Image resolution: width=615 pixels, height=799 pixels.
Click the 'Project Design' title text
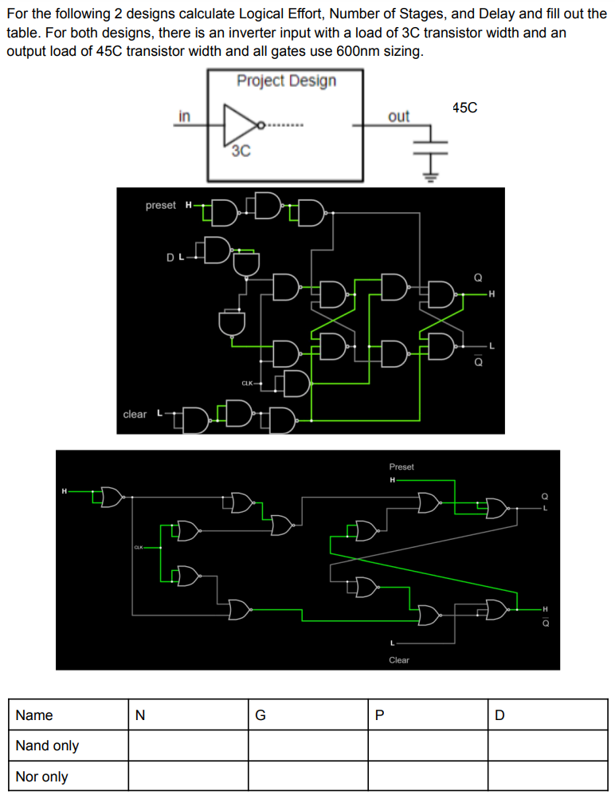pos(286,81)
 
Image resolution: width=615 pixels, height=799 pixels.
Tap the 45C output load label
pos(464,108)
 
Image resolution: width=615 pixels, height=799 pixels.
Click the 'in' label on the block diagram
pos(184,116)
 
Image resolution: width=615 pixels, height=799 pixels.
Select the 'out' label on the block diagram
pos(398,116)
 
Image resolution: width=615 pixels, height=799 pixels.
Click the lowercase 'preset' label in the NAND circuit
pos(161,205)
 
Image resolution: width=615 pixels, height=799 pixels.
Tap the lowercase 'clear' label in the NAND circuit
pos(135,414)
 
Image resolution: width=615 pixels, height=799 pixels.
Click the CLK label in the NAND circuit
pos(247,384)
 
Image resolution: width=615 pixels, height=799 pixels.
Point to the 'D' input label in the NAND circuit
pos(170,257)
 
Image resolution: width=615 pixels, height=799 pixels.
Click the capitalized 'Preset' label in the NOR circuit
pos(402,466)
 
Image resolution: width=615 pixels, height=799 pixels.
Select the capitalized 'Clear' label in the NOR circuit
pos(399,659)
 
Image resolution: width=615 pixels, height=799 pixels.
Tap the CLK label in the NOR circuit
pos(139,548)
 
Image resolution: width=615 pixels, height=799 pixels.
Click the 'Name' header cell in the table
pos(34,715)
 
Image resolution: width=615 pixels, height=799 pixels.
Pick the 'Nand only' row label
pos(48,746)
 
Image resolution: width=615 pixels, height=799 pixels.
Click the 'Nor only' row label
pos(42,776)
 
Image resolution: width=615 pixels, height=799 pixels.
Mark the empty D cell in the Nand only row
pos(547,746)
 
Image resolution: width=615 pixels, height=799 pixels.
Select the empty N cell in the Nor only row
pos(188,776)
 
